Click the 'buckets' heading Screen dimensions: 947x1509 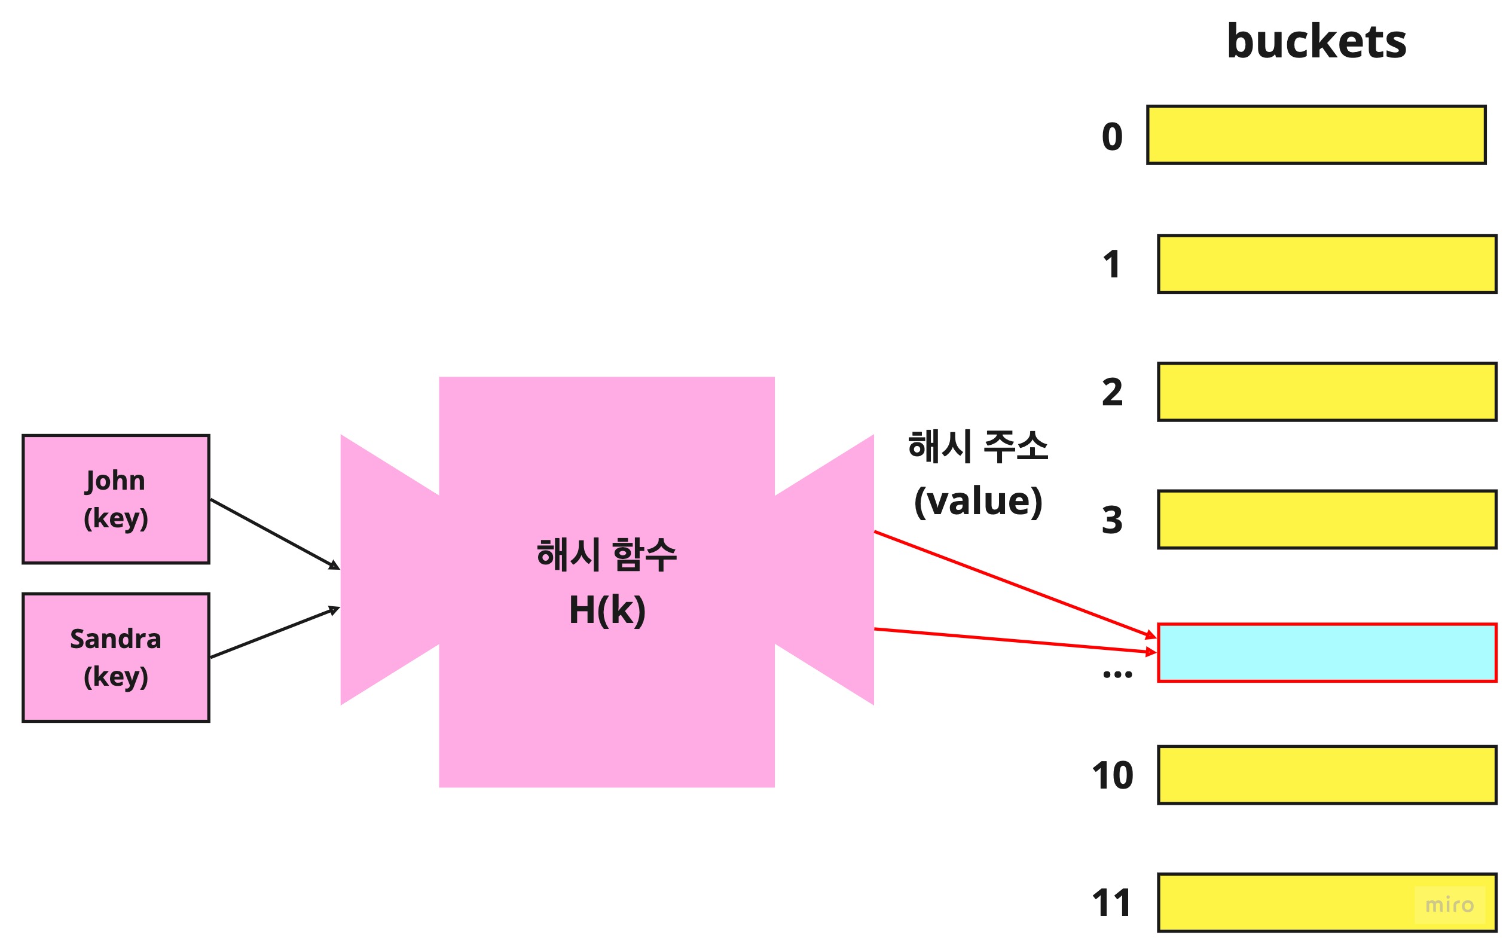pyautogui.click(x=1316, y=42)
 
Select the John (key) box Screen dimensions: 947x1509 pyautogui.click(x=116, y=499)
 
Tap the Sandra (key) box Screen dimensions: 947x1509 pyautogui.click(x=116, y=658)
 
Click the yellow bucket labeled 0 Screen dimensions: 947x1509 pyautogui.click(x=1315, y=135)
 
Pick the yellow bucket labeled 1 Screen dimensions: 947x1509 pyautogui.click(x=1327, y=264)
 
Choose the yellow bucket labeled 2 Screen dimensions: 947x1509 pyautogui.click(x=1327, y=392)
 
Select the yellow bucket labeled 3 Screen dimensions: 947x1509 pyautogui.click(x=1327, y=519)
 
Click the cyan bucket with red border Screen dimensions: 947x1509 pyautogui.click(x=1327, y=653)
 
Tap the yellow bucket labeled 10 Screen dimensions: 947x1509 pyautogui.click(x=1327, y=775)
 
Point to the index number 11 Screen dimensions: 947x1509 pyautogui.click(x=1111, y=903)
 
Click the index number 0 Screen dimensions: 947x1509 pyautogui.click(x=1112, y=136)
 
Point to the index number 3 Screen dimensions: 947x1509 pyautogui.click(x=1112, y=520)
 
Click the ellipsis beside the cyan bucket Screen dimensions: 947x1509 pyautogui.click(x=1117, y=674)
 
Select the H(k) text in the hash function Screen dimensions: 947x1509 pyautogui.click(x=607, y=610)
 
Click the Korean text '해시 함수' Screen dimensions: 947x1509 pyautogui.click(x=606, y=555)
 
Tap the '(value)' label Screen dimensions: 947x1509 pyautogui.click(x=978, y=502)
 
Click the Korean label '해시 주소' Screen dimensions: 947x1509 pyautogui.click(x=978, y=447)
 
